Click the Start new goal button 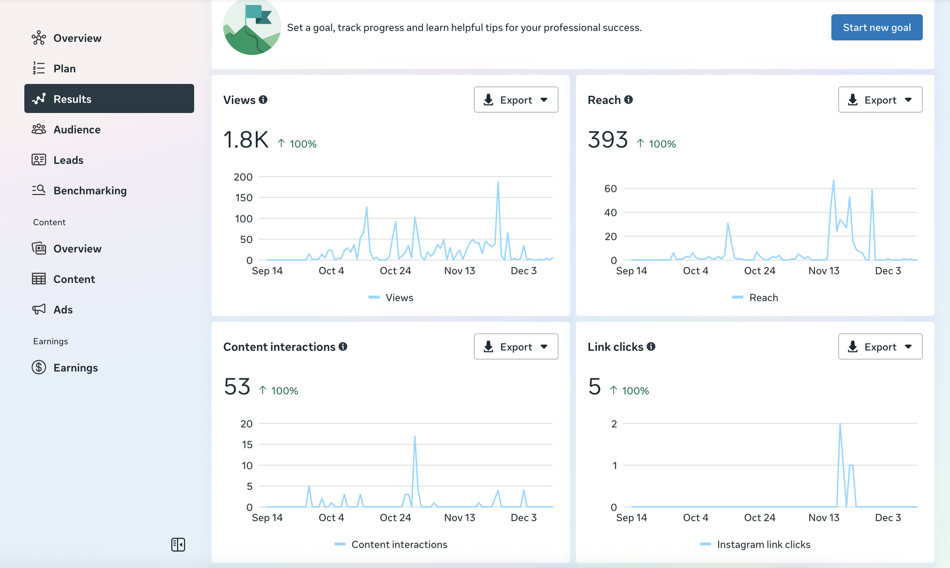coord(877,27)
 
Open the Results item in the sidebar coord(109,99)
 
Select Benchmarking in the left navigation coord(79,190)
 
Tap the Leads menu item coord(57,160)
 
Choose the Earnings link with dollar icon coord(65,367)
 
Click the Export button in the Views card coord(516,100)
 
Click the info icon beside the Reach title coord(629,100)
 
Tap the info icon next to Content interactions coord(343,346)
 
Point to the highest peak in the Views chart coord(498,182)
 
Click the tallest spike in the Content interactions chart coord(415,436)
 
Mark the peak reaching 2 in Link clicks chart coord(840,424)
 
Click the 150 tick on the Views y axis coord(244,197)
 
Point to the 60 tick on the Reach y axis coord(610,188)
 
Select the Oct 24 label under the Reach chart coord(760,271)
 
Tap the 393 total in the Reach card coord(608,139)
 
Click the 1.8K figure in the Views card coord(246,139)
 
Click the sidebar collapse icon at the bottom coord(178,544)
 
